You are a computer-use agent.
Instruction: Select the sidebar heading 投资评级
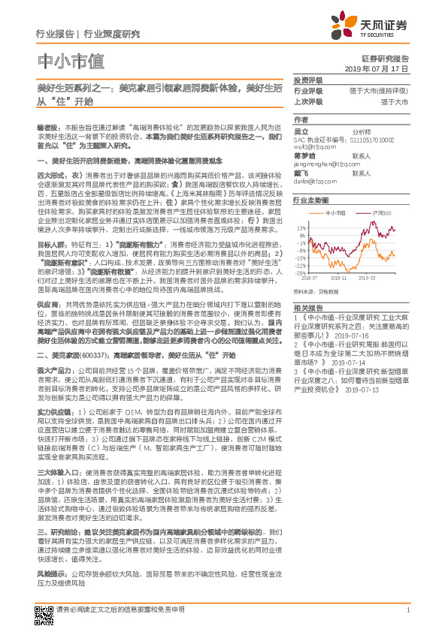coord(308,80)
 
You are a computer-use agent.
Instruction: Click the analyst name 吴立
coord(301,130)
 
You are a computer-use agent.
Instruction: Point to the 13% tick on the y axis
coord(300,227)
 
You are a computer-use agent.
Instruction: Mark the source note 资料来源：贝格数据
coord(313,288)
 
